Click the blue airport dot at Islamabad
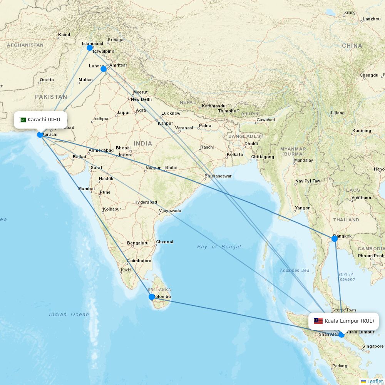[90, 48]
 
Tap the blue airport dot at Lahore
[104, 69]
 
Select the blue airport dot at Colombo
[152, 297]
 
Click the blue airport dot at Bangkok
[335, 239]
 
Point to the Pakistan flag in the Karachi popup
[23, 120]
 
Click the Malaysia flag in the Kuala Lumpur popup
[318, 321]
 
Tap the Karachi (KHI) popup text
[44, 120]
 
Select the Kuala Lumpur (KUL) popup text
[349, 321]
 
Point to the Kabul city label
[64, 35]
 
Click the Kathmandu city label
[214, 106]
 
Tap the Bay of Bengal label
[219, 247]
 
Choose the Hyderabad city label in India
[146, 202]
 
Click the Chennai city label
[164, 242]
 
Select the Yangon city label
[303, 208]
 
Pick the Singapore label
[373, 346]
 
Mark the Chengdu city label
[369, 75]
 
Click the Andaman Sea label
[295, 270]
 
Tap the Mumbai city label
[86, 189]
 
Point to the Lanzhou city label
[372, 19]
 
